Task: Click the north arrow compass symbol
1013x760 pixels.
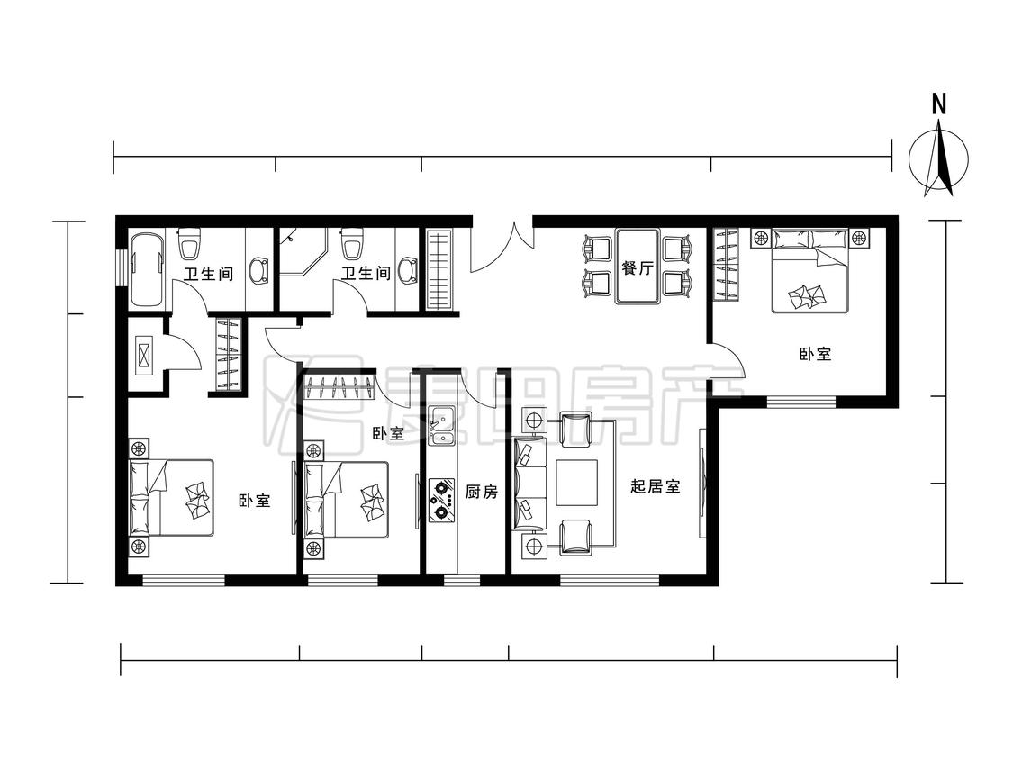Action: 938,159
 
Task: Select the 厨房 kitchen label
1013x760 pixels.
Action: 482,492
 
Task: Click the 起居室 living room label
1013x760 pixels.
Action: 656,486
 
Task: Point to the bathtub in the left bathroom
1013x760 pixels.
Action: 147,271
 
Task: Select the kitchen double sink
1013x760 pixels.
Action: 442,427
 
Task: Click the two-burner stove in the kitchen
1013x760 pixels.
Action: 442,500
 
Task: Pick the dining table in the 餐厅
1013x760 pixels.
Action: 638,266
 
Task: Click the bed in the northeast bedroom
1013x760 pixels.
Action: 809,270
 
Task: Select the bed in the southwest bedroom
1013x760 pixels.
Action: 171,498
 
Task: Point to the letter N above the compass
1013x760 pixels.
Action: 938,104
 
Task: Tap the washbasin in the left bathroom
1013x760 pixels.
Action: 259,271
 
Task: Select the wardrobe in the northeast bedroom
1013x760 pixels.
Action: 726,265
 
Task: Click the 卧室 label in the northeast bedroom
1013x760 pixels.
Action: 815,354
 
